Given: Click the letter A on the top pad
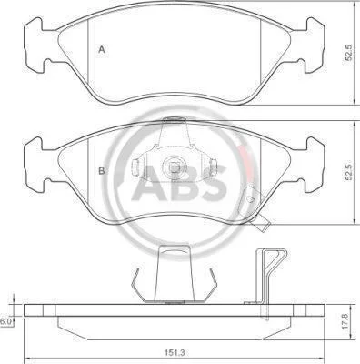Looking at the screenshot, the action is [x=102, y=49].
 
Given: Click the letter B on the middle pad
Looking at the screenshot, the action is [x=102, y=171].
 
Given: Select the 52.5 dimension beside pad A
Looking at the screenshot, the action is [x=349, y=53].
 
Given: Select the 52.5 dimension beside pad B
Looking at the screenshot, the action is [x=349, y=172].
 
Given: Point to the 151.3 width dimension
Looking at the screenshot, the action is [x=175, y=353].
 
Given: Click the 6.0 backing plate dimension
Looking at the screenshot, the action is [x=6, y=322].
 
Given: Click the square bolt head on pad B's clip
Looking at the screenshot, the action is [x=173, y=167].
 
